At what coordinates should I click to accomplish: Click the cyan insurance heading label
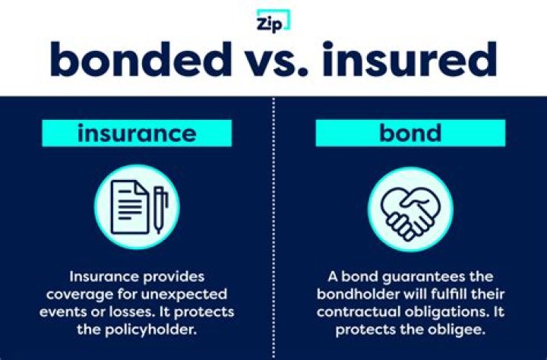tap(137, 134)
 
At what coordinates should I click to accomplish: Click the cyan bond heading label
tap(411, 134)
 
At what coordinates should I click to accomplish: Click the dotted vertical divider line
tap(273, 228)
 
